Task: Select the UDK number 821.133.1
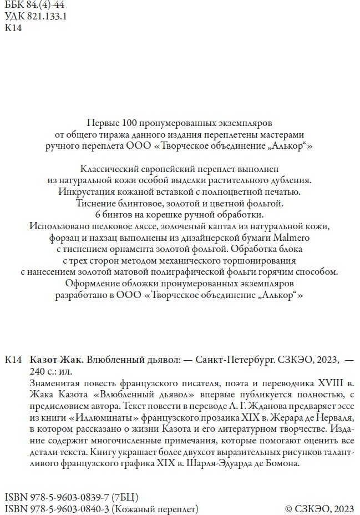[47, 17]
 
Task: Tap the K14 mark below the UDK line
[13, 28]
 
